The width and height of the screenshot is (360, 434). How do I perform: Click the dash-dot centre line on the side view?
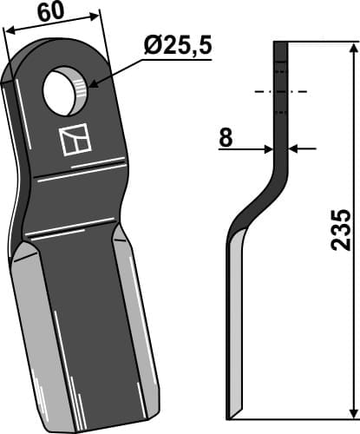click(x=280, y=90)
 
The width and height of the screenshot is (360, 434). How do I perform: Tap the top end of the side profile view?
click(x=280, y=43)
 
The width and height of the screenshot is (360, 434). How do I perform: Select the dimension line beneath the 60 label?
click(x=52, y=23)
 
